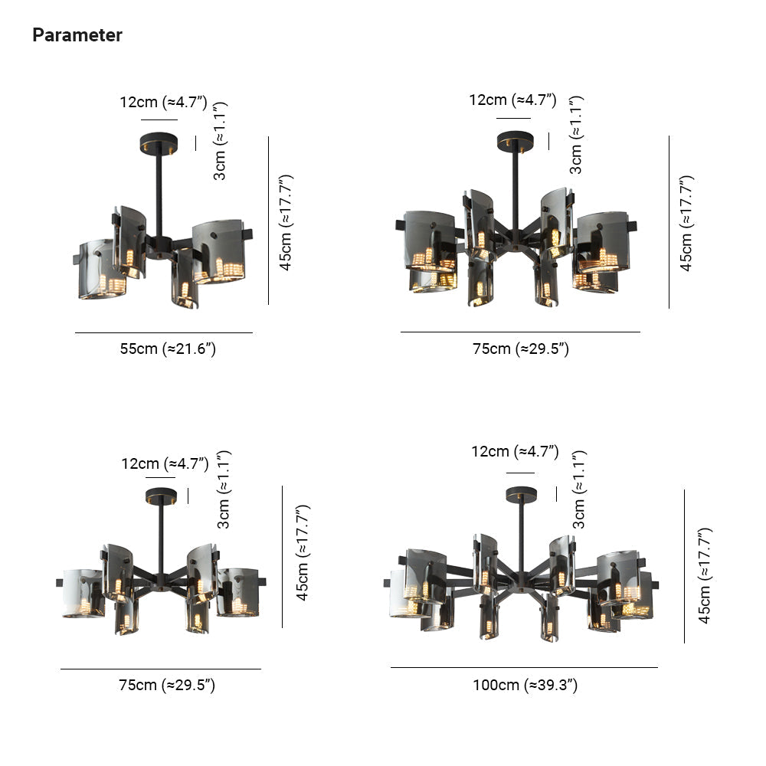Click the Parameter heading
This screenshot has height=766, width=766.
pos(77,35)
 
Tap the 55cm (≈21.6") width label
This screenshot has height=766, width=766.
pos(168,349)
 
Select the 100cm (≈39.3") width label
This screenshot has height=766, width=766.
pos(525,685)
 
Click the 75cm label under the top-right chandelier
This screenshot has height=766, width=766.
pos(520,349)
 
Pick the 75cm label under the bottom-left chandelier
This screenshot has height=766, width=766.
pos(166,685)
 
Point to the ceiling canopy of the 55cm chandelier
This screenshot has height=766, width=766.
pos(159,144)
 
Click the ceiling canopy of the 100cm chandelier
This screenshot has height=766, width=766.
pos(521,494)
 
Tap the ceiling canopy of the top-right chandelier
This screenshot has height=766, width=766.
pos(515,141)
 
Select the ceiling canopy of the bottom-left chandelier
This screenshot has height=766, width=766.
pos(161,496)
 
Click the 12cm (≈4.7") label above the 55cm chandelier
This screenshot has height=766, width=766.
pos(164,102)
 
